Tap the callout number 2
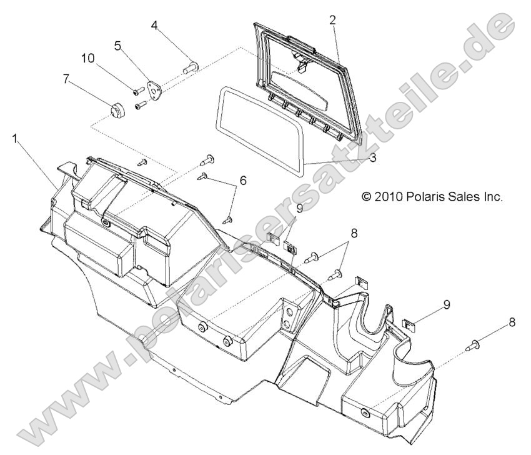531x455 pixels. pos(333,20)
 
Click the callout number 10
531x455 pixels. pos(87,59)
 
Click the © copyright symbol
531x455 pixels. pos(367,196)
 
